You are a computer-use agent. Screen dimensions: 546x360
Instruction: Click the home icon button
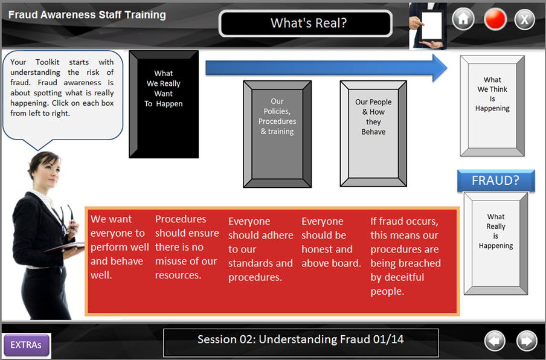[x=463, y=19]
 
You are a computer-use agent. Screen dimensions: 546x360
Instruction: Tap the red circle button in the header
[x=495, y=19]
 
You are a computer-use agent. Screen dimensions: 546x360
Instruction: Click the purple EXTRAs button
[x=26, y=345]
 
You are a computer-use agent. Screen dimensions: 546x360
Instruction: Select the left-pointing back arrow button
[x=495, y=341]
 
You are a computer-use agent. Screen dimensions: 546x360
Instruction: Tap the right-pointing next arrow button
[x=527, y=341]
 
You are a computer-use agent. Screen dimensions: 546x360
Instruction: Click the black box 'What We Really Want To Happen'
[x=164, y=104]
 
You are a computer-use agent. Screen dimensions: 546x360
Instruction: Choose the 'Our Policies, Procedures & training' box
[x=277, y=134]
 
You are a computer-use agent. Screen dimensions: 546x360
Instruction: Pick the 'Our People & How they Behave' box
[x=373, y=133]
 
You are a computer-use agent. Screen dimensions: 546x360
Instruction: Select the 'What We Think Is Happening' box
[x=492, y=106]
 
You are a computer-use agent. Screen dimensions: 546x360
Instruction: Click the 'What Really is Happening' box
[x=496, y=243]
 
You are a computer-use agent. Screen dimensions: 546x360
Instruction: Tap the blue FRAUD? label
[x=496, y=181]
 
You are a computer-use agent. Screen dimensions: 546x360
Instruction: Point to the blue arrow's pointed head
[x=447, y=68]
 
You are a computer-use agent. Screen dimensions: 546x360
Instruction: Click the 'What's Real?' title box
[x=306, y=24]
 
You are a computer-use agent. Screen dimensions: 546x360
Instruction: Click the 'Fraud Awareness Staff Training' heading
[x=87, y=15]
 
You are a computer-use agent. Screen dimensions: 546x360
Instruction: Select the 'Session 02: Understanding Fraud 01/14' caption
[x=301, y=339]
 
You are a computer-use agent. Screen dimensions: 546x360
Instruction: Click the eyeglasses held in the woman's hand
[x=68, y=219]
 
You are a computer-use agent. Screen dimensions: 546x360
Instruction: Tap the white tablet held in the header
[x=432, y=26]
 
